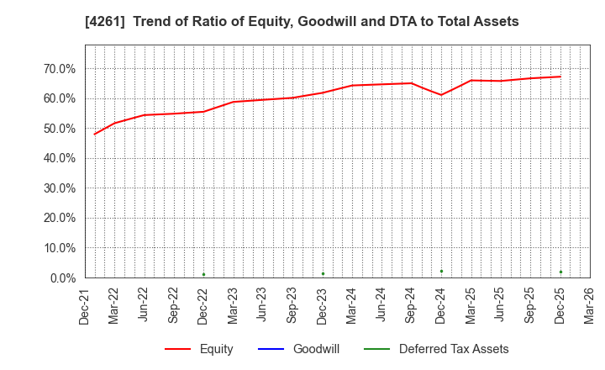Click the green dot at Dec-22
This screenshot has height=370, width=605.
coord(203,274)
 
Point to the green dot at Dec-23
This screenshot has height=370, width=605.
coord(323,273)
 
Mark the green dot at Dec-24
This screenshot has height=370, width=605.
coord(441,271)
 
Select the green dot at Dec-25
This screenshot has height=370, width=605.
coord(560,272)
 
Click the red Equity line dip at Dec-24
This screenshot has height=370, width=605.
coord(441,95)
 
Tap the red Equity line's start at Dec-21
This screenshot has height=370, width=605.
coord(94,134)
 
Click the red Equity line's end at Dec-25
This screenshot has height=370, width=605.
coord(560,77)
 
